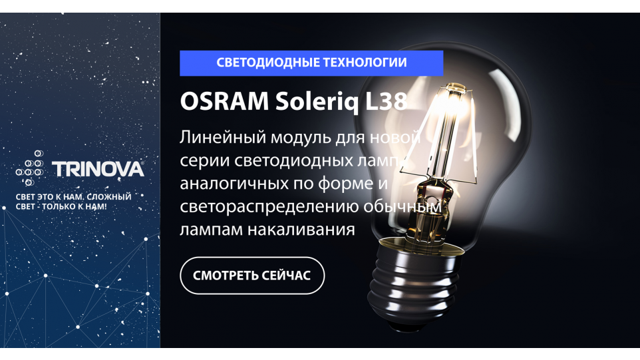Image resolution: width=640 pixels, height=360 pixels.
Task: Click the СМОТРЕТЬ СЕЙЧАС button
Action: [x=252, y=275]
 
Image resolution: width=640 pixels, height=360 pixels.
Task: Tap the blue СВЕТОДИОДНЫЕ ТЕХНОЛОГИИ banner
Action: [x=311, y=63]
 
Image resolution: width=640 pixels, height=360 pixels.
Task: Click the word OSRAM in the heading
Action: [x=224, y=101]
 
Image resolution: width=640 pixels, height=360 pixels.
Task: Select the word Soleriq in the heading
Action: [x=317, y=102]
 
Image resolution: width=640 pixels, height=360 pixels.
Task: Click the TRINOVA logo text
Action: [x=98, y=169]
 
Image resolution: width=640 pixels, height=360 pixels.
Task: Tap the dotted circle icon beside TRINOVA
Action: [x=30, y=168]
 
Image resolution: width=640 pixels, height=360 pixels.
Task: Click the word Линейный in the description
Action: [x=223, y=138]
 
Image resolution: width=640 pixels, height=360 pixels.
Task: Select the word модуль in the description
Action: [x=301, y=138]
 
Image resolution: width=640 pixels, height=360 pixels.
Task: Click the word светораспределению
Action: [x=269, y=206]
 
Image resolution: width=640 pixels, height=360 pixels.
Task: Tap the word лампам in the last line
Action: [x=212, y=230]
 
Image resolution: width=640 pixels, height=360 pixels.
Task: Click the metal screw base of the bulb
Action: [x=413, y=281]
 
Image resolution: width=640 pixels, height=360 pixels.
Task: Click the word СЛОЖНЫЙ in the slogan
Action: [x=109, y=196]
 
